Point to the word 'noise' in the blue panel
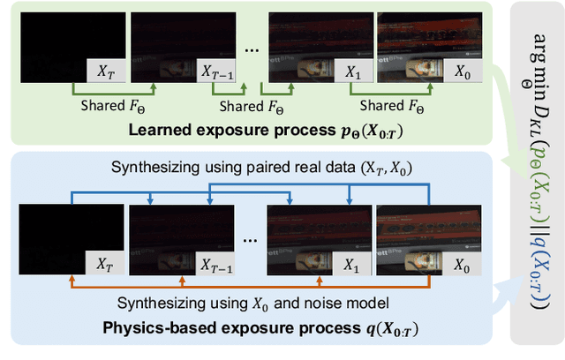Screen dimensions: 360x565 [340, 302]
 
